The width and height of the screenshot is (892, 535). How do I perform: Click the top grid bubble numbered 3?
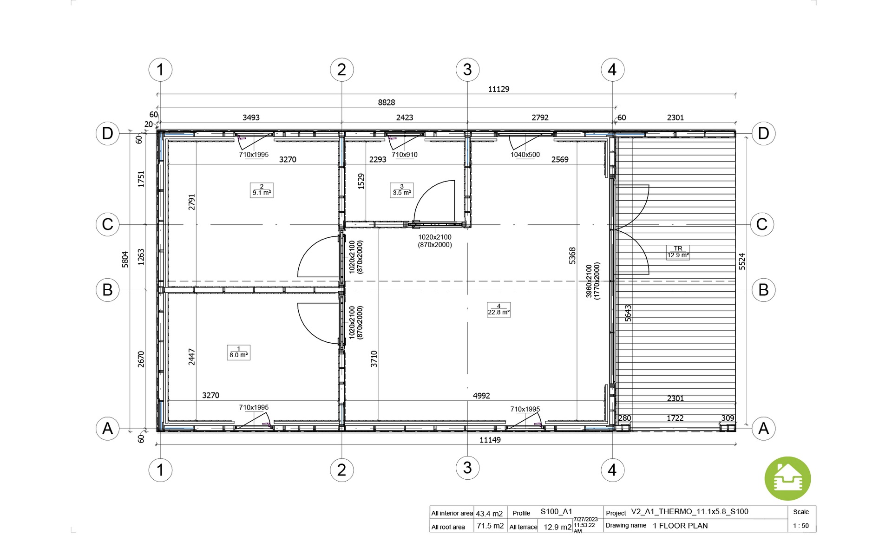467,70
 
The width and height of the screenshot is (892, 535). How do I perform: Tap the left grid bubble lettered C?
107,224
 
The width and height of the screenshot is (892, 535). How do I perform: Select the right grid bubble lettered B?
763,290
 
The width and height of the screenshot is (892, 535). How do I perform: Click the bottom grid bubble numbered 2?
341,470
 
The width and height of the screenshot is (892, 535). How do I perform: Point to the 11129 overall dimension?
498,89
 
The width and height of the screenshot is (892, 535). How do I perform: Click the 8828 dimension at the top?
386,103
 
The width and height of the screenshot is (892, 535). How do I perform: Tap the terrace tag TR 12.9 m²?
678,252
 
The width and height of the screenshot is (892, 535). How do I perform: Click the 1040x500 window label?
525,155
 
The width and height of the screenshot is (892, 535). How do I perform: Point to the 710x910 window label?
404,155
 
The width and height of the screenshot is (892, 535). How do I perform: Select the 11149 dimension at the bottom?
490,440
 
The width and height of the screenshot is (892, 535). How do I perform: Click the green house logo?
787,479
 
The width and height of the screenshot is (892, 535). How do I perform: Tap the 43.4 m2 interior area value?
489,514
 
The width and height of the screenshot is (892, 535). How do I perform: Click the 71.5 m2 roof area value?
490,526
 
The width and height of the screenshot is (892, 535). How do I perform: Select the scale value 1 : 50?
801,526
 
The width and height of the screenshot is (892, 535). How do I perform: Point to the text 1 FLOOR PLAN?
680,526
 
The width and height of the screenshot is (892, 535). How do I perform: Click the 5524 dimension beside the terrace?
742,261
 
